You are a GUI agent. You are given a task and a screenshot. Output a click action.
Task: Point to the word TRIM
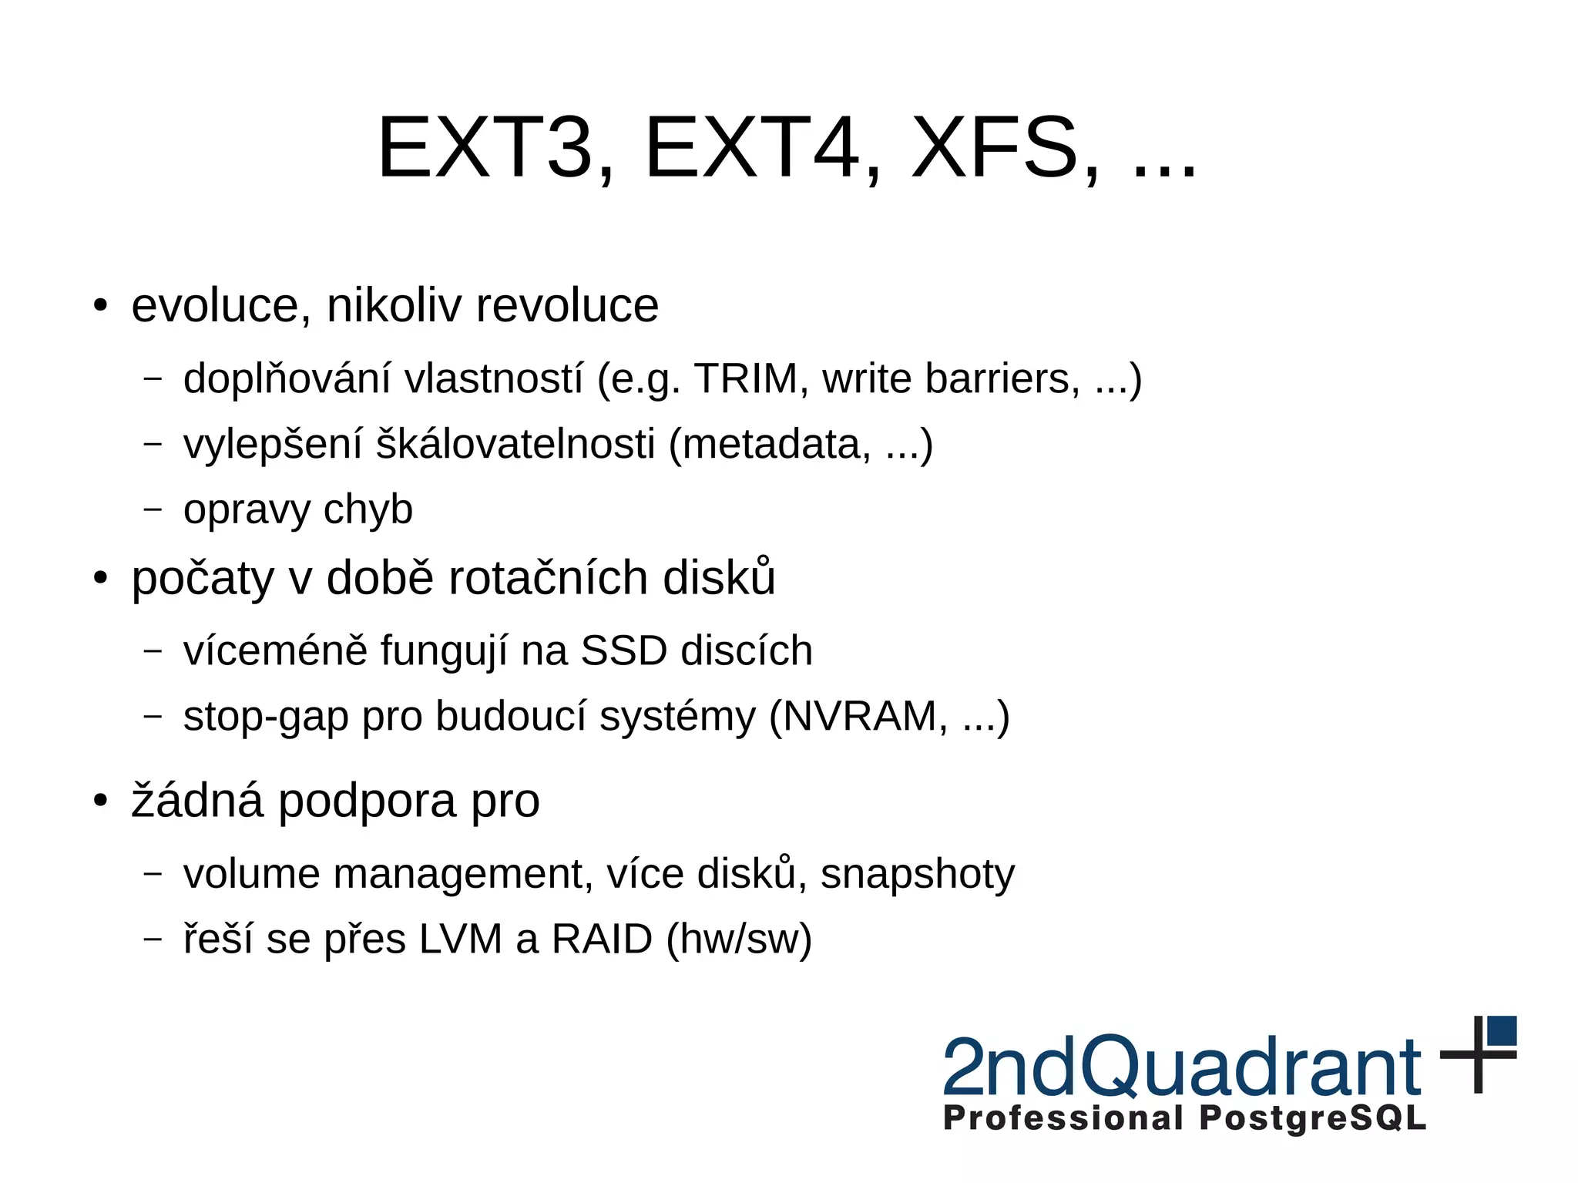pos(745,378)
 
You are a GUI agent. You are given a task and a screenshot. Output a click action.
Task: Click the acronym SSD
pos(623,650)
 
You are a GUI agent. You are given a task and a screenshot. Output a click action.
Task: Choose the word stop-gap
pos(266,716)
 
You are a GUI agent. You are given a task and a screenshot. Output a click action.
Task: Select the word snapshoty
pos(917,874)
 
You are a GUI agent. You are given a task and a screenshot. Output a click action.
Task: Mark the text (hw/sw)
pos(739,939)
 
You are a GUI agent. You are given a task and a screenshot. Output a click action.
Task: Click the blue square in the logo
pos(1502,1030)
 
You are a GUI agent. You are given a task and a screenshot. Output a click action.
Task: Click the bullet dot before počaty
pos(100,577)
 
